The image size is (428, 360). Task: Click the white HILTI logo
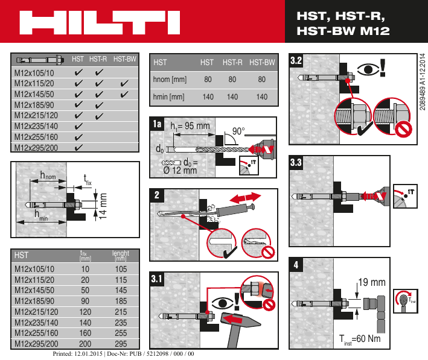100,22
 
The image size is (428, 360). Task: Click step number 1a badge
158,124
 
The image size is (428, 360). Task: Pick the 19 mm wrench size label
372,282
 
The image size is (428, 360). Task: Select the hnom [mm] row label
170,79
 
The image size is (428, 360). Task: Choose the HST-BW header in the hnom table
262,62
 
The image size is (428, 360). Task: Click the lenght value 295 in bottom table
121,344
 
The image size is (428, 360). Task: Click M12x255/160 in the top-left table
36,136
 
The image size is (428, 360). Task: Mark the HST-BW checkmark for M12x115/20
124,84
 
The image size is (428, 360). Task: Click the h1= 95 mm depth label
190,127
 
